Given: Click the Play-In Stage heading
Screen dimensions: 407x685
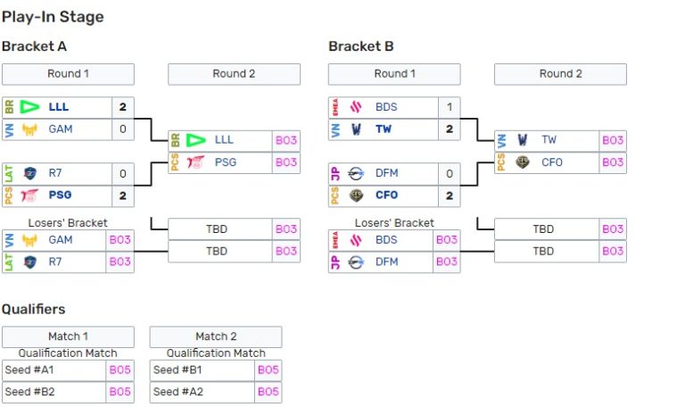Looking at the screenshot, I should (53, 17).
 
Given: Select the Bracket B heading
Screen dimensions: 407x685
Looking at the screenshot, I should (361, 46).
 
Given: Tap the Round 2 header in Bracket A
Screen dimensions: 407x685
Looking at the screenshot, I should (234, 74).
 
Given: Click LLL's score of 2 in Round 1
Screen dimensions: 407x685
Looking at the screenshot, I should (122, 107).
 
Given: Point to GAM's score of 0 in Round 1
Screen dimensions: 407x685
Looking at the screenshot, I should (122, 129).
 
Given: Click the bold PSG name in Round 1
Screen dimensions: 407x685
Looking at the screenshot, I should (61, 195).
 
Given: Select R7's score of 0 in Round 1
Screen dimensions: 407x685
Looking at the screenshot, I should (122, 174).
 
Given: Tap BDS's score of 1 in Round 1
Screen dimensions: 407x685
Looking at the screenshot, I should (450, 107).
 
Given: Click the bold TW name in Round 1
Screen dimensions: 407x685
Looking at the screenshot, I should (384, 129).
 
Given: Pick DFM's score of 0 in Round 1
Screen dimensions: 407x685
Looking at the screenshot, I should (450, 174).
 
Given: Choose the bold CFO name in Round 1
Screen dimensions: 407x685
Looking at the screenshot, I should (387, 195).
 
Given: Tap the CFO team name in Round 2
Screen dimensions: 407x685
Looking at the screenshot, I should (552, 162).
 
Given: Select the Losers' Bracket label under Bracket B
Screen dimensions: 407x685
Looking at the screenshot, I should (394, 222).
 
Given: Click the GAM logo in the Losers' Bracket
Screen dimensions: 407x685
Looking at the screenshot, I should (30, 240).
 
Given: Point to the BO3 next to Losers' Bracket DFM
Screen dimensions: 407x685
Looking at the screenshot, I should (446, 262).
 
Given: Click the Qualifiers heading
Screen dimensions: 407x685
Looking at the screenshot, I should (33, 309).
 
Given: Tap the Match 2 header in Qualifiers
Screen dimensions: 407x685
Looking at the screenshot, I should (216, 336).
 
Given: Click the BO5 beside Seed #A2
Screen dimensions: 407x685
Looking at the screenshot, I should (268, 392).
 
